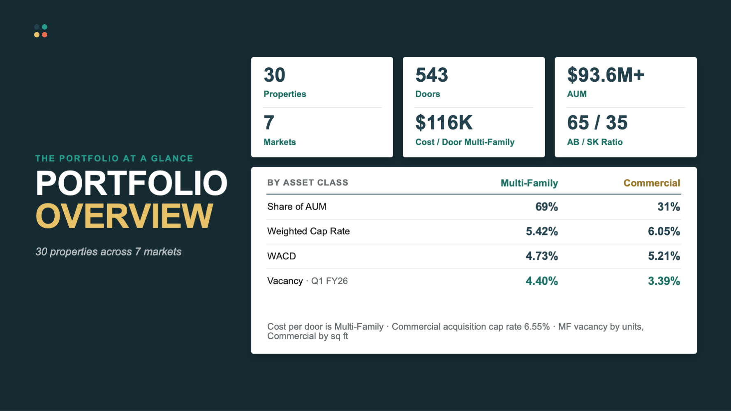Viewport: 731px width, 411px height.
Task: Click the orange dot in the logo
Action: coord(45,35)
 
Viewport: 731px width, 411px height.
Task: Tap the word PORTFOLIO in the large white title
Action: coord(132,183)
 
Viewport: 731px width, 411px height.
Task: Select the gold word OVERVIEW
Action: coord(125,216)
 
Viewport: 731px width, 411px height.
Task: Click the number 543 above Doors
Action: coord(432,75)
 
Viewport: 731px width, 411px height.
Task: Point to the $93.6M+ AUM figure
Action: coord(606,75)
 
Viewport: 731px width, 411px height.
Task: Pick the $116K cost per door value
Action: coord(444,122)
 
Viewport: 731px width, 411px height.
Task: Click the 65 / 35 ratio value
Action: coord(597,122)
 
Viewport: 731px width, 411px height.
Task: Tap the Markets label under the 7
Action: coord(280,142)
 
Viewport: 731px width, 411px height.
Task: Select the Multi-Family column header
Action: coord(529,183)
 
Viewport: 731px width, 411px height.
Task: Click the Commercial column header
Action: coord(652,183)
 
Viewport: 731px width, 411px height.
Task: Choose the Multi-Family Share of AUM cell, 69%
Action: coord(546,207)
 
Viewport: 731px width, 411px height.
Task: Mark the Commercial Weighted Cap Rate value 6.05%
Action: coord(664,231)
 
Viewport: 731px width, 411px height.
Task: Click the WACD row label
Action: coord(282,256)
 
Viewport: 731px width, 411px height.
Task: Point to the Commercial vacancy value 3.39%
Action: coord(664,281)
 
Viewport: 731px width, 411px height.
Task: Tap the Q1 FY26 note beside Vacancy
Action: coord(329,281)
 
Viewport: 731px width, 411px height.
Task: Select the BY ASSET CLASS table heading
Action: coord(308,183)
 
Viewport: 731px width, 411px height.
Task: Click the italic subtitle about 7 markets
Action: coord(109,252)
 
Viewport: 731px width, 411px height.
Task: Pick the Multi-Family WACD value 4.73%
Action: coord(542,256)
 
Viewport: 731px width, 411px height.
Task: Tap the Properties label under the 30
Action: coord(285,94)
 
